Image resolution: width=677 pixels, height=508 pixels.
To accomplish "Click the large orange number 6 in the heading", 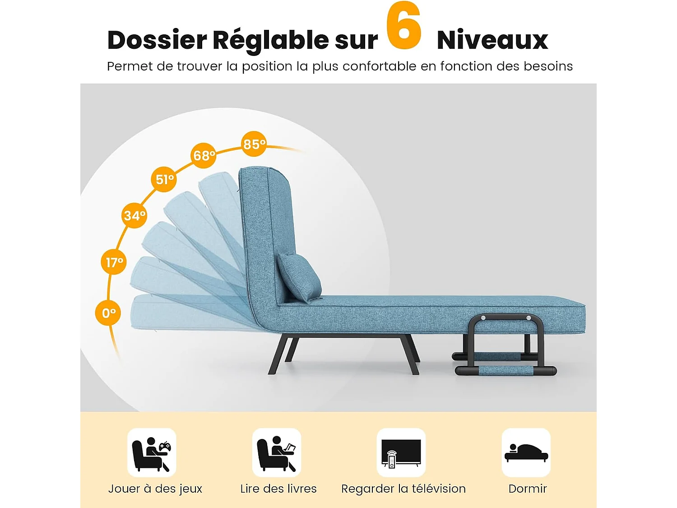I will (403, 26).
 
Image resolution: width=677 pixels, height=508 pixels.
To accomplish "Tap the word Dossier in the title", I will (157, 40).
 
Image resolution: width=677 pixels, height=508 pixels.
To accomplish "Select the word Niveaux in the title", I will (492, 40).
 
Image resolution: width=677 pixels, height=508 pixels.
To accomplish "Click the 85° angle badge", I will (254, 144).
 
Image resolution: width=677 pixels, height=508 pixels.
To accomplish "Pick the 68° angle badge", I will (204, 155).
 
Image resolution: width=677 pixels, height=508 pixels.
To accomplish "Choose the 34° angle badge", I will (134, 215).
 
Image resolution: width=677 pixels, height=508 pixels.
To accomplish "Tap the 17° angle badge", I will (114, 262).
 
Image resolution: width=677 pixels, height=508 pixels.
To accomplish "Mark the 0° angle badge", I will (108, 312).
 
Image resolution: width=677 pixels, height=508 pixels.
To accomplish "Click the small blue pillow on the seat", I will (298, 277).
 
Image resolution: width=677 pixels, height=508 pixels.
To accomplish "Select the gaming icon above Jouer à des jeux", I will (152, 453).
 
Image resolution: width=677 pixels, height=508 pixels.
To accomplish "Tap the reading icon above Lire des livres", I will (277, 453).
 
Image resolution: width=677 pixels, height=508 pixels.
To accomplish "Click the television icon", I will (401, 453).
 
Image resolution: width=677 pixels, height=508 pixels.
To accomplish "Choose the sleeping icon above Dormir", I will (526, 453).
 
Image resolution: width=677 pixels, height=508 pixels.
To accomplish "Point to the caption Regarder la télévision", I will (403, 489).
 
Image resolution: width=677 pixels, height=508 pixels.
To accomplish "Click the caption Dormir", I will (527, 489).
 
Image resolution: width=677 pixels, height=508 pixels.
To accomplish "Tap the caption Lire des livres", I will (278, 489).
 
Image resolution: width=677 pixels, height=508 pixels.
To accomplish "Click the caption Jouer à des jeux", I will (155, 489).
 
